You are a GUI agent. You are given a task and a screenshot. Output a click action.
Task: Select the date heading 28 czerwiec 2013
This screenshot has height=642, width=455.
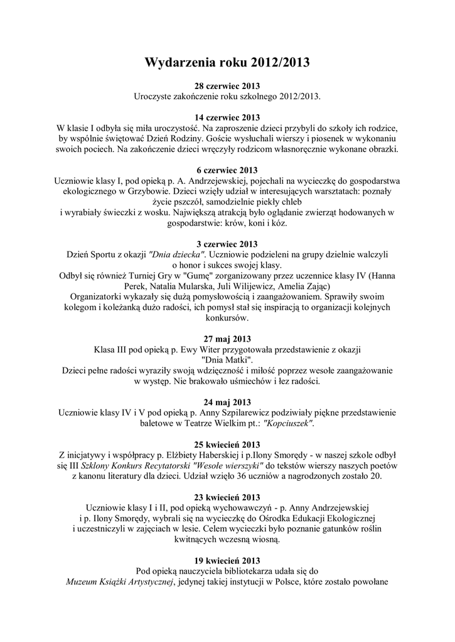point(227,85)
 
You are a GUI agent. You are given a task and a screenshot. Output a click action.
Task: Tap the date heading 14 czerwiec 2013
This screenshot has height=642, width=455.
point(227,117)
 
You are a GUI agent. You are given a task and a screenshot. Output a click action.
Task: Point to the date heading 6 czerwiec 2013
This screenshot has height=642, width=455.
point(227,170)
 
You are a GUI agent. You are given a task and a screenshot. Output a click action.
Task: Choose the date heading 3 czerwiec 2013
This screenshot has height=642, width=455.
point(227,244)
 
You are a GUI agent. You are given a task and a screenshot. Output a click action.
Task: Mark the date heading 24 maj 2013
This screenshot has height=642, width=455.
point(227,402)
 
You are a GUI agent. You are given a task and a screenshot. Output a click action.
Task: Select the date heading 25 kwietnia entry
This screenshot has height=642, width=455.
point(227,445)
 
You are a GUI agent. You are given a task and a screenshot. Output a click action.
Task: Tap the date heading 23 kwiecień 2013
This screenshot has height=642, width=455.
point(227,497)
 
